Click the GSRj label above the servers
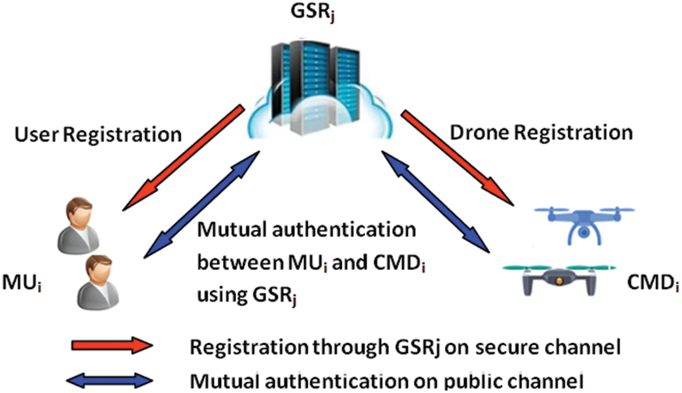tap(312, 12)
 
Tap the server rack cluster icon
tap(315, 85)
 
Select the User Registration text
tap(98, 134)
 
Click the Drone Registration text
tap(541, 133)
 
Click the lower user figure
tap(98, 282)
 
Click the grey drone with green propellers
tap(559, 280)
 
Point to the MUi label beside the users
tap(21, 282)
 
